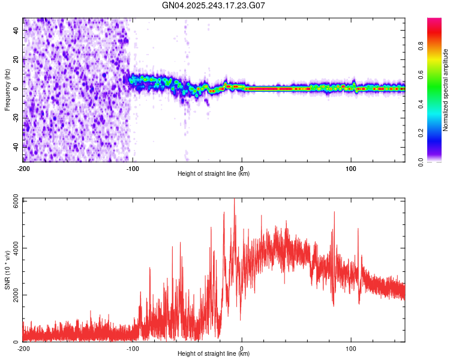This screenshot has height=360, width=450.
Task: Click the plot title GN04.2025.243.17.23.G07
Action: point(214,5)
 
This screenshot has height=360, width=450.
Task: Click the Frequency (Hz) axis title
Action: point(7,90)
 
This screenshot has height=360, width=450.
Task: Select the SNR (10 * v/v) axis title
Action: point(7,269)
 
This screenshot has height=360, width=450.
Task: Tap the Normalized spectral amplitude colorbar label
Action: point(445,90)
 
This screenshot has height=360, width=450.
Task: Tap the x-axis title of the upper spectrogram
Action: point(214,174)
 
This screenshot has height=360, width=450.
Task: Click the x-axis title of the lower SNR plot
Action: point(214,354)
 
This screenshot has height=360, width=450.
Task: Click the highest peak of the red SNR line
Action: point(234,199)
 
